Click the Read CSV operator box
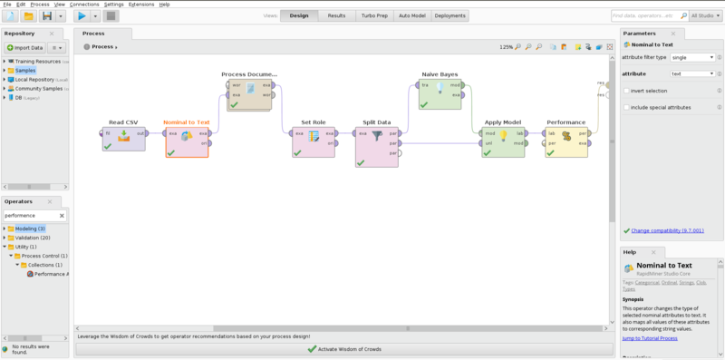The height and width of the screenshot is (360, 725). pos(123,139)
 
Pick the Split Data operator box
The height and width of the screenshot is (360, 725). pos(377,146)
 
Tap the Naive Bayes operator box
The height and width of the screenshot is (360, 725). pos(440,93)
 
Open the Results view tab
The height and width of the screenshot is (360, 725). pos(336,15)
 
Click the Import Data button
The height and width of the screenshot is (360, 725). pos(24,47)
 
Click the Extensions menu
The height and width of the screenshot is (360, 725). pos(141,5)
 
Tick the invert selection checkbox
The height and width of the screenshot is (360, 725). pos(627,91)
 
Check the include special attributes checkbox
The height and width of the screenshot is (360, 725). pos(627,107)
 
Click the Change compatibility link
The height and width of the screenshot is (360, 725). pos(666,230)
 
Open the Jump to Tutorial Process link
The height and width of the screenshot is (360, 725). pos(650,338)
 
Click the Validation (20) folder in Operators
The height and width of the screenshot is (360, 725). pos(33,238)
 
